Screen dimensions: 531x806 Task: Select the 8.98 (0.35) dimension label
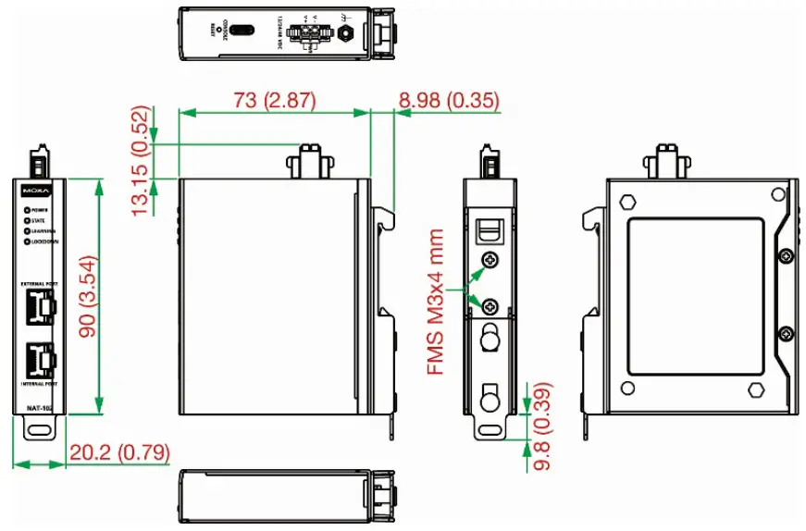click(449, 100)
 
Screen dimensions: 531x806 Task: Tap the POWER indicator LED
click(27, 211)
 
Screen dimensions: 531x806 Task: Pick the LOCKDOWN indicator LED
click(27, 241)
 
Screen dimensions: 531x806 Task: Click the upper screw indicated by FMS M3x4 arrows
click(491, 260)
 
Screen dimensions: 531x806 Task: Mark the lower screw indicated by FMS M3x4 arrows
click(491, 306)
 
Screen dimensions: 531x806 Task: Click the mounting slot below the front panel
click(39, 429)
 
